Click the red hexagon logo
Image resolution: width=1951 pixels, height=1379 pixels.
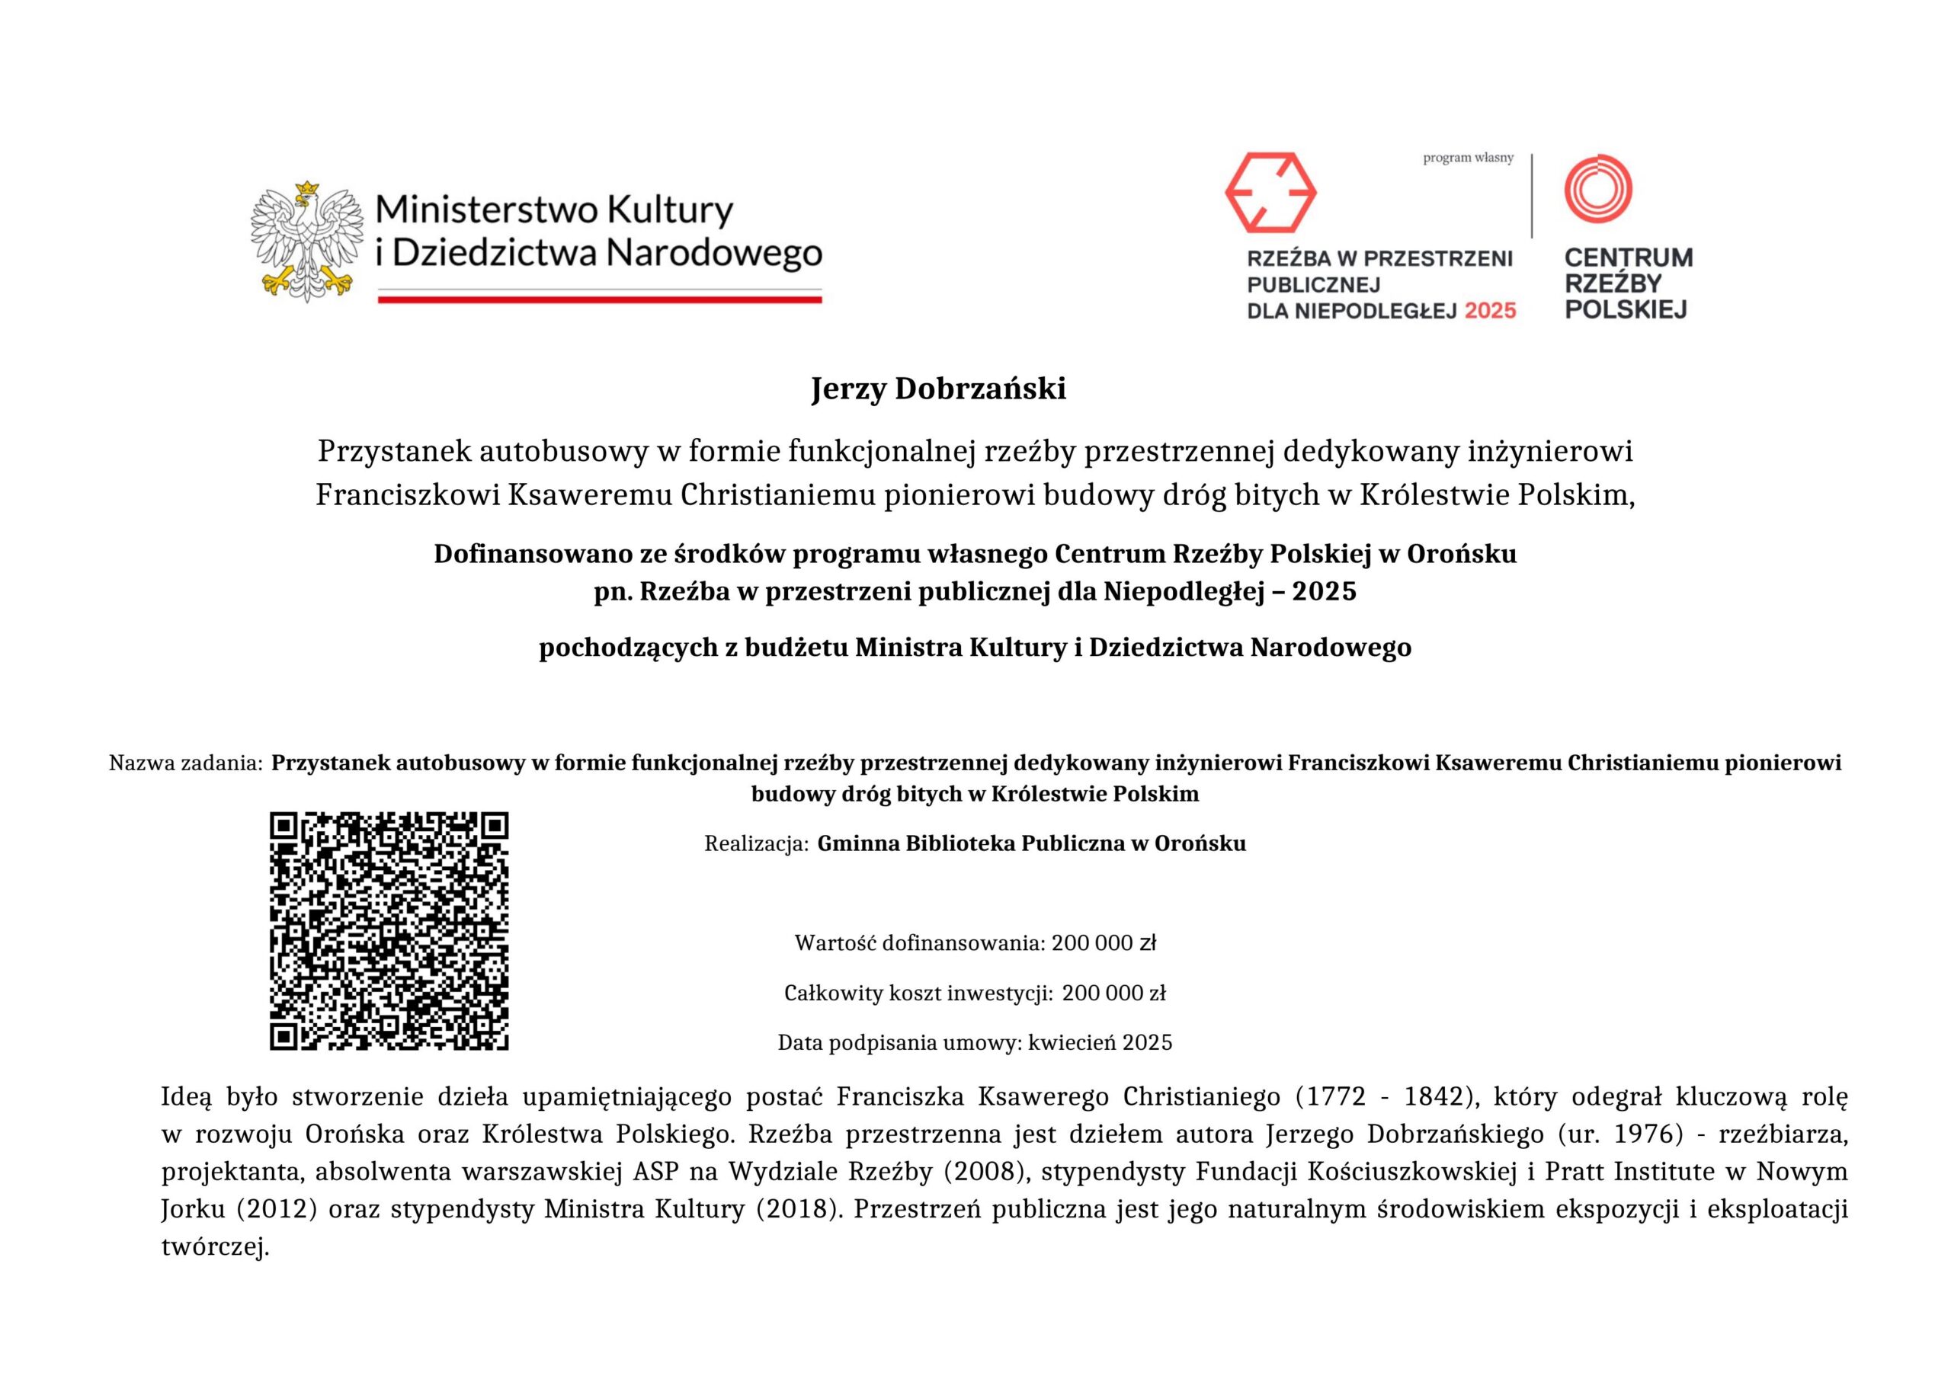point(1270,192)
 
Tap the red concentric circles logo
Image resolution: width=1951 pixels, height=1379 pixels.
point(1598,189)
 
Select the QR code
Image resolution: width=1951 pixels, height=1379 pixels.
point(389,930)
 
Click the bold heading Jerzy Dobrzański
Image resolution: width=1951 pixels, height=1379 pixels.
point(938,389)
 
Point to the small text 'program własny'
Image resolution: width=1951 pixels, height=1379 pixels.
point(1469,158)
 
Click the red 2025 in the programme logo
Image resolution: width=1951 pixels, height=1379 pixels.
point(1491,311)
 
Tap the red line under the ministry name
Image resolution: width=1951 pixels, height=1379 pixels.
point(599,299)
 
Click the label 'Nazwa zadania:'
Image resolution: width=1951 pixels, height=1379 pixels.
point(185,763)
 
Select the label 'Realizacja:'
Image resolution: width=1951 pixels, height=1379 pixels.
point(756,843)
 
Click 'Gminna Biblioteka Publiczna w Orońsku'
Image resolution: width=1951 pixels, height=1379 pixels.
point(1032,843)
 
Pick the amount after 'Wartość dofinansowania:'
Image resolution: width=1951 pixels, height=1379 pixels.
point(1104,943)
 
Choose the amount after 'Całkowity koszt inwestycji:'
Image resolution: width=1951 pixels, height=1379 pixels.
point(1113,993)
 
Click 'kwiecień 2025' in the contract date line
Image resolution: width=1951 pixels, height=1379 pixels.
point(1100,1042)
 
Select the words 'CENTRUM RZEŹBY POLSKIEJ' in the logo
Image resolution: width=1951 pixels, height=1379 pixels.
point(1628,283)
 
